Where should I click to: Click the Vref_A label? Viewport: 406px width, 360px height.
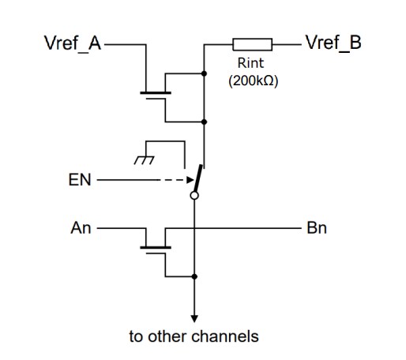pos(72,43)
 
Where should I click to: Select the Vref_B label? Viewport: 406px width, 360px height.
pos(333,43)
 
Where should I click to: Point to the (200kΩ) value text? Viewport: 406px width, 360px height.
pos(251,81)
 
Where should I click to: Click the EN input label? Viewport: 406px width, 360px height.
pos(81,180)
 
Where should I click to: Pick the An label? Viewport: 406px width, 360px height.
pos(81,228)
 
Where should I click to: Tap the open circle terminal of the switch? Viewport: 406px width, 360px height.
pos(194,201)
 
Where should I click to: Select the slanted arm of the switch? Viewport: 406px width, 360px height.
pos(198,180)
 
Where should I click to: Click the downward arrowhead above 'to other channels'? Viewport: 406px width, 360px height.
pos(194,314)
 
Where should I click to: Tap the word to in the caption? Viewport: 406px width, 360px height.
pos(137,336)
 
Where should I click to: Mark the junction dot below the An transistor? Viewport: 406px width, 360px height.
pos(194,276)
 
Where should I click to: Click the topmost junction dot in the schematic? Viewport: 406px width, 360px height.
pos(205,73)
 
